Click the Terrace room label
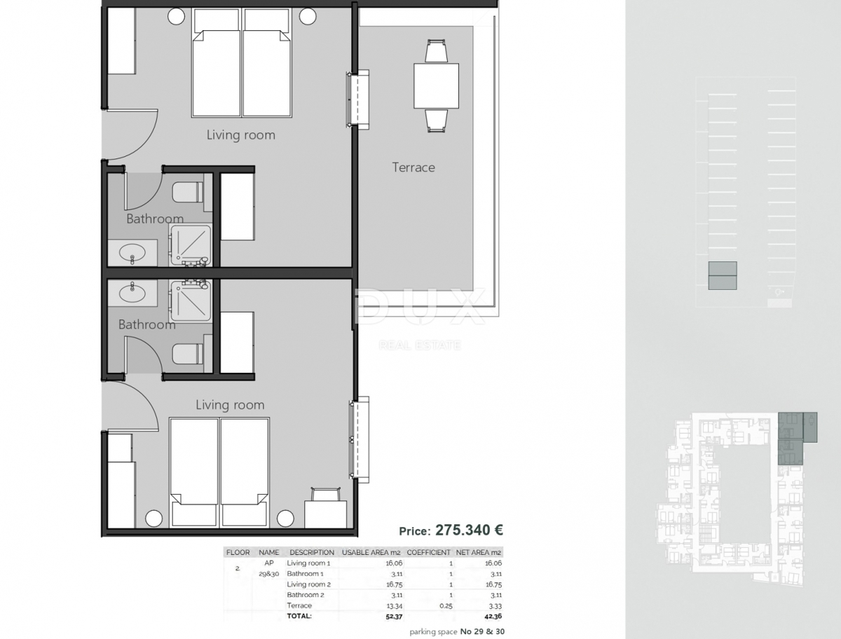pyautogui.click(x=413, y=167)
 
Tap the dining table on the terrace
pyautogui.click(x=436, y=85)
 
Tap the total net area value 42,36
pyautogui.click(x=492, y=617)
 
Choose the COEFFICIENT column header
pyautogui.click(x=428, y=552)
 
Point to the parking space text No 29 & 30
pyautogui.click(x=481, y=632)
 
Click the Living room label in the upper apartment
pyautogui.click(x=240, y=135)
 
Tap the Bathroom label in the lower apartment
pyautogui.click(x=146, y=324)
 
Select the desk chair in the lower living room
pyautogui.click(x=323, y=495)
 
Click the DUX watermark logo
pyautogui.click(x=419, y=308)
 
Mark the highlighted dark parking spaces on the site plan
pyautogui.click(x=722, y=275)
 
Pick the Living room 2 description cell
pyautogui.click(x=308, y=584)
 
